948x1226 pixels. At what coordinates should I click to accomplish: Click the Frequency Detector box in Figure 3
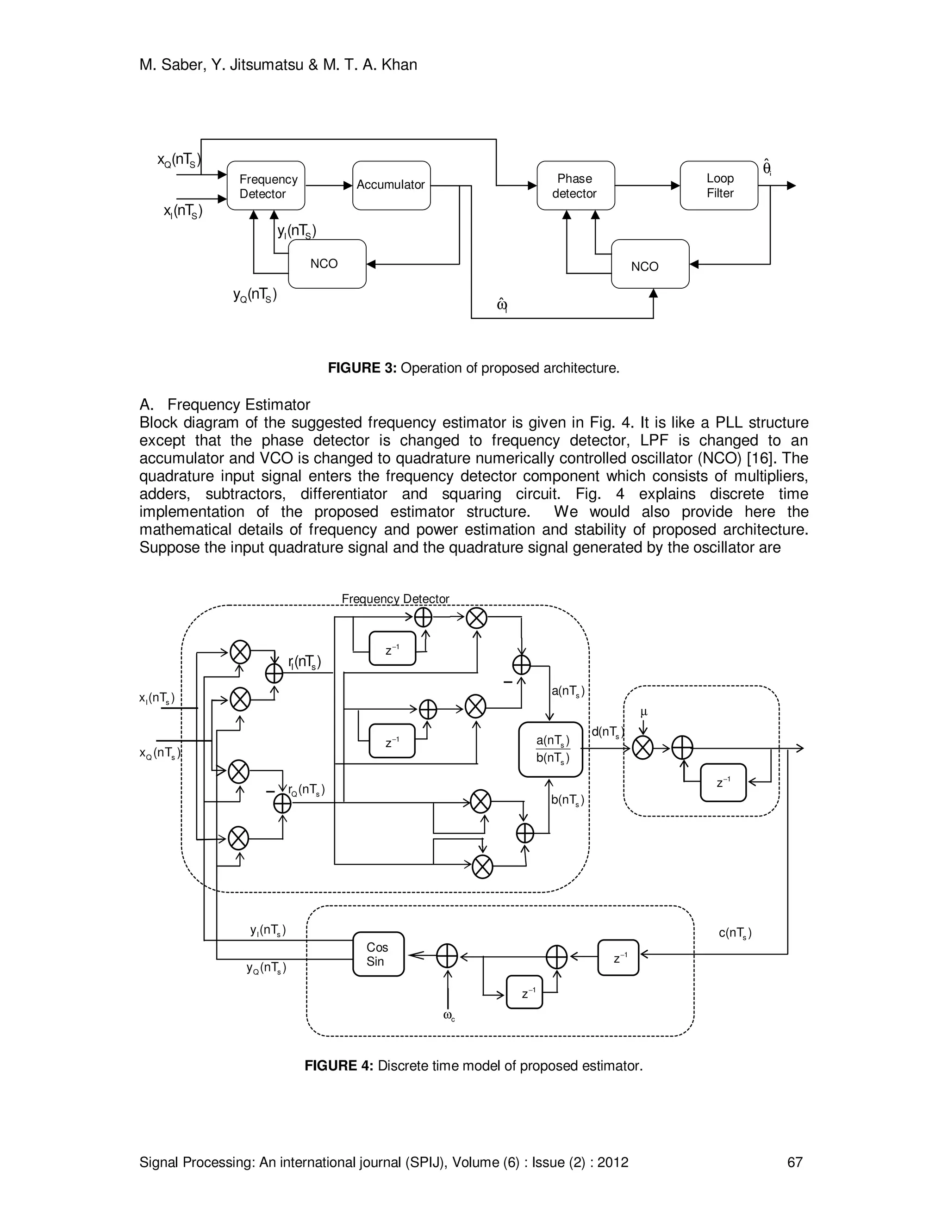266,186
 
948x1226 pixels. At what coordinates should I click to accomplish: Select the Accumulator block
391,185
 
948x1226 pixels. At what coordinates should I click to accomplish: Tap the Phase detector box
575,186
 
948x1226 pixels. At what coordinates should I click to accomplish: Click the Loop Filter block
719,186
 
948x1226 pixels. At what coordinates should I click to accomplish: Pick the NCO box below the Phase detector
649,264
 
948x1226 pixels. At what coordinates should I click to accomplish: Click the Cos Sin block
378,954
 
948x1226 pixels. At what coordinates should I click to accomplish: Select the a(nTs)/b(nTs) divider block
550,749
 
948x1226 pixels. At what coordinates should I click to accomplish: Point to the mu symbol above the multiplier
643,712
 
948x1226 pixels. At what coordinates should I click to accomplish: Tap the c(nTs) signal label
735,933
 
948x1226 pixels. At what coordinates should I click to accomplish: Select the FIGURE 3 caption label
362,368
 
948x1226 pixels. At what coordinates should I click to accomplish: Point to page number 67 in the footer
795,1163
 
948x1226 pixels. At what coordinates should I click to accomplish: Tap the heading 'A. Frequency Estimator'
225,405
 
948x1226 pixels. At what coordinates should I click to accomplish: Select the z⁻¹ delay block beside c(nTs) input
618,958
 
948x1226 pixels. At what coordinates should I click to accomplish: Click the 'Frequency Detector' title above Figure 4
395,599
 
